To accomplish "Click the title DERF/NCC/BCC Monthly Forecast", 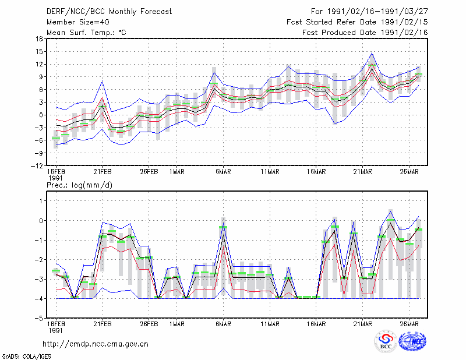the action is (x=109, y=12).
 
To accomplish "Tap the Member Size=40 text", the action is (x=78, y=22).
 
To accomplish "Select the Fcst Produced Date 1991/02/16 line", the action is (x=365, y=33).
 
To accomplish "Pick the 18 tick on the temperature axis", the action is (x=39, y=39).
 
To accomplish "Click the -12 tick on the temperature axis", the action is (x=37, y=165).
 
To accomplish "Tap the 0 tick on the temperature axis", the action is (x=41, y=115).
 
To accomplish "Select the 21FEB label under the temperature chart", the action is (x=103, y=172).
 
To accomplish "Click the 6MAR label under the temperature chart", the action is (x=224, y=172).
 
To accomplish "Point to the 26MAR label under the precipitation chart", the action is (x=409, y=324).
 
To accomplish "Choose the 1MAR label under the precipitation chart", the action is (x=177, y=324).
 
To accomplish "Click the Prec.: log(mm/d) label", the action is (x=79, y=185).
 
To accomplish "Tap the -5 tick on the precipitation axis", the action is (x=39, y=319).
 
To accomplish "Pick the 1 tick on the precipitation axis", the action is (x=41, y=201).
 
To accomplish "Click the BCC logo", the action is (x=386, y=341).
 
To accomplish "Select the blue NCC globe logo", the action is (x=412, y=341).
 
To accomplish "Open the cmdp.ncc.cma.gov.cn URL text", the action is (x=96, y=344).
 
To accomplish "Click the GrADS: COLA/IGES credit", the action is (x=26, y=357).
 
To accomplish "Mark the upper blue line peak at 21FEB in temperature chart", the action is (x=103, y=81).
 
